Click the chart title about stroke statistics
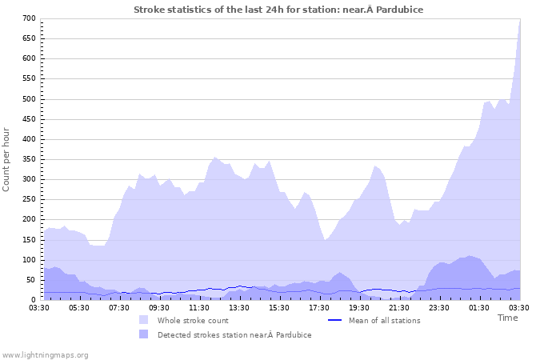(x=278, y=10)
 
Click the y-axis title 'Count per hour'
(x=7, y=158)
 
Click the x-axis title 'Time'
(x=507, y=318)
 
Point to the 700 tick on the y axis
(x=29, y=18)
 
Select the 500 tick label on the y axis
(x=29, y=99)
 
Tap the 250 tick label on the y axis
(x=29, y=199)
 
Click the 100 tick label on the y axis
(x=29, y=260)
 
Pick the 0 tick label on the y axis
(x=34, y=300)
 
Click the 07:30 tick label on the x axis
(x=119, y=307)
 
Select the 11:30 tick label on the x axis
(x=199, y=307)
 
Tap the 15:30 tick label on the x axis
(x=279, y=307)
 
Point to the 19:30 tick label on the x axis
(x=359, y=307)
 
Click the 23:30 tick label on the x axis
(x=439, y=307)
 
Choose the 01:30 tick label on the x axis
(x=479, y=307)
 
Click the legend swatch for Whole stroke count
(x=143, y=320)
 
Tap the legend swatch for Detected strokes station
(x=143, y=334)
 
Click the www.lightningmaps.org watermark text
(x=46, y=354)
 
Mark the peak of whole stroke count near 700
(x=519, y=20)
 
